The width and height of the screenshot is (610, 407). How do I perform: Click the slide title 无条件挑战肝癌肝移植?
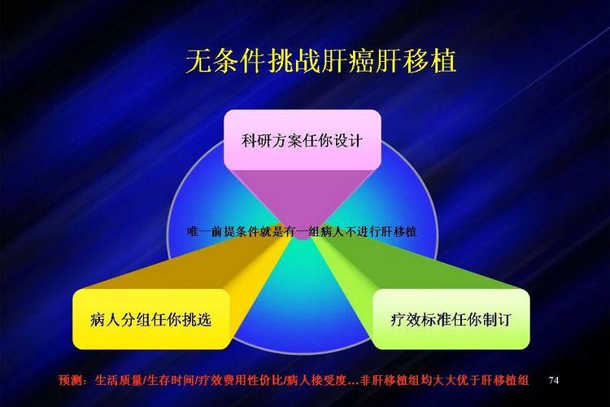321,61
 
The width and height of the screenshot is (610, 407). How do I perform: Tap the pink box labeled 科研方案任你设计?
303,140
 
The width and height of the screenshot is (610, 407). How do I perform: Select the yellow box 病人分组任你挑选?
151,319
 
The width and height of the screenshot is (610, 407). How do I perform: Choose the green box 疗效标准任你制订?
451,319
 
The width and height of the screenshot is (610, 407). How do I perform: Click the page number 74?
554,380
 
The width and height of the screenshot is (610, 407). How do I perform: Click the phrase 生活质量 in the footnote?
119,380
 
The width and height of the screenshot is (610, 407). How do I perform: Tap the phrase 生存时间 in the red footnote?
171,380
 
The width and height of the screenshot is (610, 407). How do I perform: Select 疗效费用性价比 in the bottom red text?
240,380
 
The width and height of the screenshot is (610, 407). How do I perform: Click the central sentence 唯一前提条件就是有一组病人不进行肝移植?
302,231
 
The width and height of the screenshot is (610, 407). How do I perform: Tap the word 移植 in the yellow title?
429,61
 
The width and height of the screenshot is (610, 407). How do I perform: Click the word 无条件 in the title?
225,61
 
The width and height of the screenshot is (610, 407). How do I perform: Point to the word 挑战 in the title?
294,61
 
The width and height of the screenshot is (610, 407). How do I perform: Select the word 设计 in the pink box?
348,140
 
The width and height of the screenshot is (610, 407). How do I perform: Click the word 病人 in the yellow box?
105,320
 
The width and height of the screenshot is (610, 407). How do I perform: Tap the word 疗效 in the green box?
405,320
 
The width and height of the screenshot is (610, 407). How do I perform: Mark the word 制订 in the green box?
496,320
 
